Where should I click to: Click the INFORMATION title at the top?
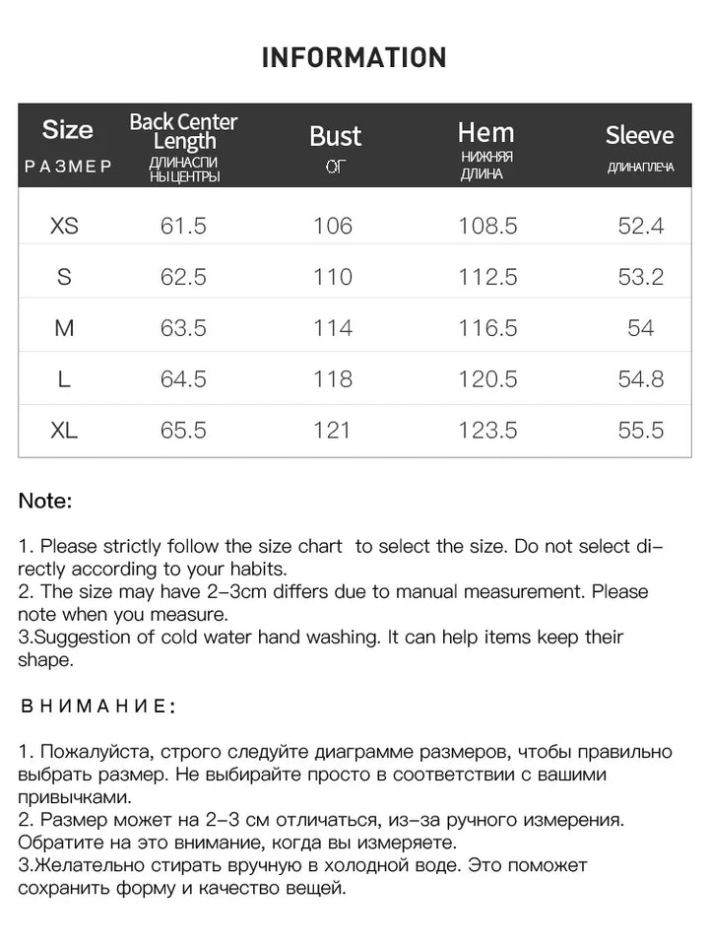[x=354, y=57]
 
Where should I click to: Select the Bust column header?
[x=335, y=136]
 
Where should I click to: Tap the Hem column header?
[x=485, y=132]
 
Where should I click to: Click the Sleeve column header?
[x=640, y=135]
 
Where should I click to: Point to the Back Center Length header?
[x=183, y=131]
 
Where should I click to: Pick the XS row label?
[x=64, y=226]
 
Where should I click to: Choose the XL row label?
[x=64, y=431]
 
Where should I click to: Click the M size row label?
[x=64, y=328]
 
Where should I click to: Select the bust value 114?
[x=333, y=328]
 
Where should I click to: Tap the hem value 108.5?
[x=487, y=226]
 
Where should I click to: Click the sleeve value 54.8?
[x=641, y=379]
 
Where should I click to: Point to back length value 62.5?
[x=183, y=277]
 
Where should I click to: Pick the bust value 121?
[x=333, y=431]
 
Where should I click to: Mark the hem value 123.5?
[x=487, y=431]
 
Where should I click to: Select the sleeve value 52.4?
[x=641, y=226]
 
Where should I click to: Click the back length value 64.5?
[x=183, y=379]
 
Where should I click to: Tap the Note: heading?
[x=45, y=501]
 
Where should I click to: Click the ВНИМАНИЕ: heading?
[x=98, y=707]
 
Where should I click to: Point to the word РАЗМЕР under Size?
[x=68, y=167]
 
